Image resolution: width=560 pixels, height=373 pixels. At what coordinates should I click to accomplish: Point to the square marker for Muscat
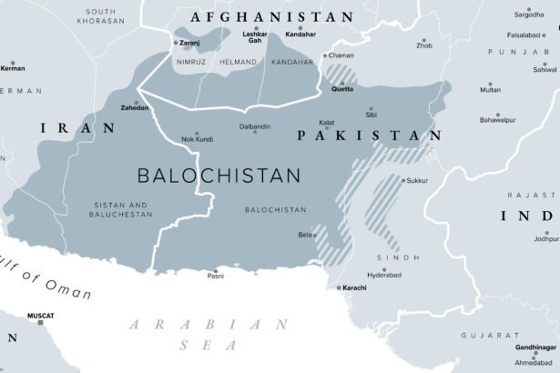coord(40,323)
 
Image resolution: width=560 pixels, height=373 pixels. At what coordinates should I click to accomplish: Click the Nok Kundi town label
coord(197,138)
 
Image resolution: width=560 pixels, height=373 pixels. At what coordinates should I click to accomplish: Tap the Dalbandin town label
coord(255,126)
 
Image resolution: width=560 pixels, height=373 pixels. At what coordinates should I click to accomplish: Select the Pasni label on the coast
coord(216,274)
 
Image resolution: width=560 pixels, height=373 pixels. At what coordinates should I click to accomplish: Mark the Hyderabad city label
coord(358,273)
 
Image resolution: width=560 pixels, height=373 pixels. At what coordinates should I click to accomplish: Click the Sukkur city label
coord(417,180)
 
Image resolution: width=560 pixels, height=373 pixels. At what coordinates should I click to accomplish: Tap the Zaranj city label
coord(189,42)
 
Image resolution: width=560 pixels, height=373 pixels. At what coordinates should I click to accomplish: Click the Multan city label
coord(490,90)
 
